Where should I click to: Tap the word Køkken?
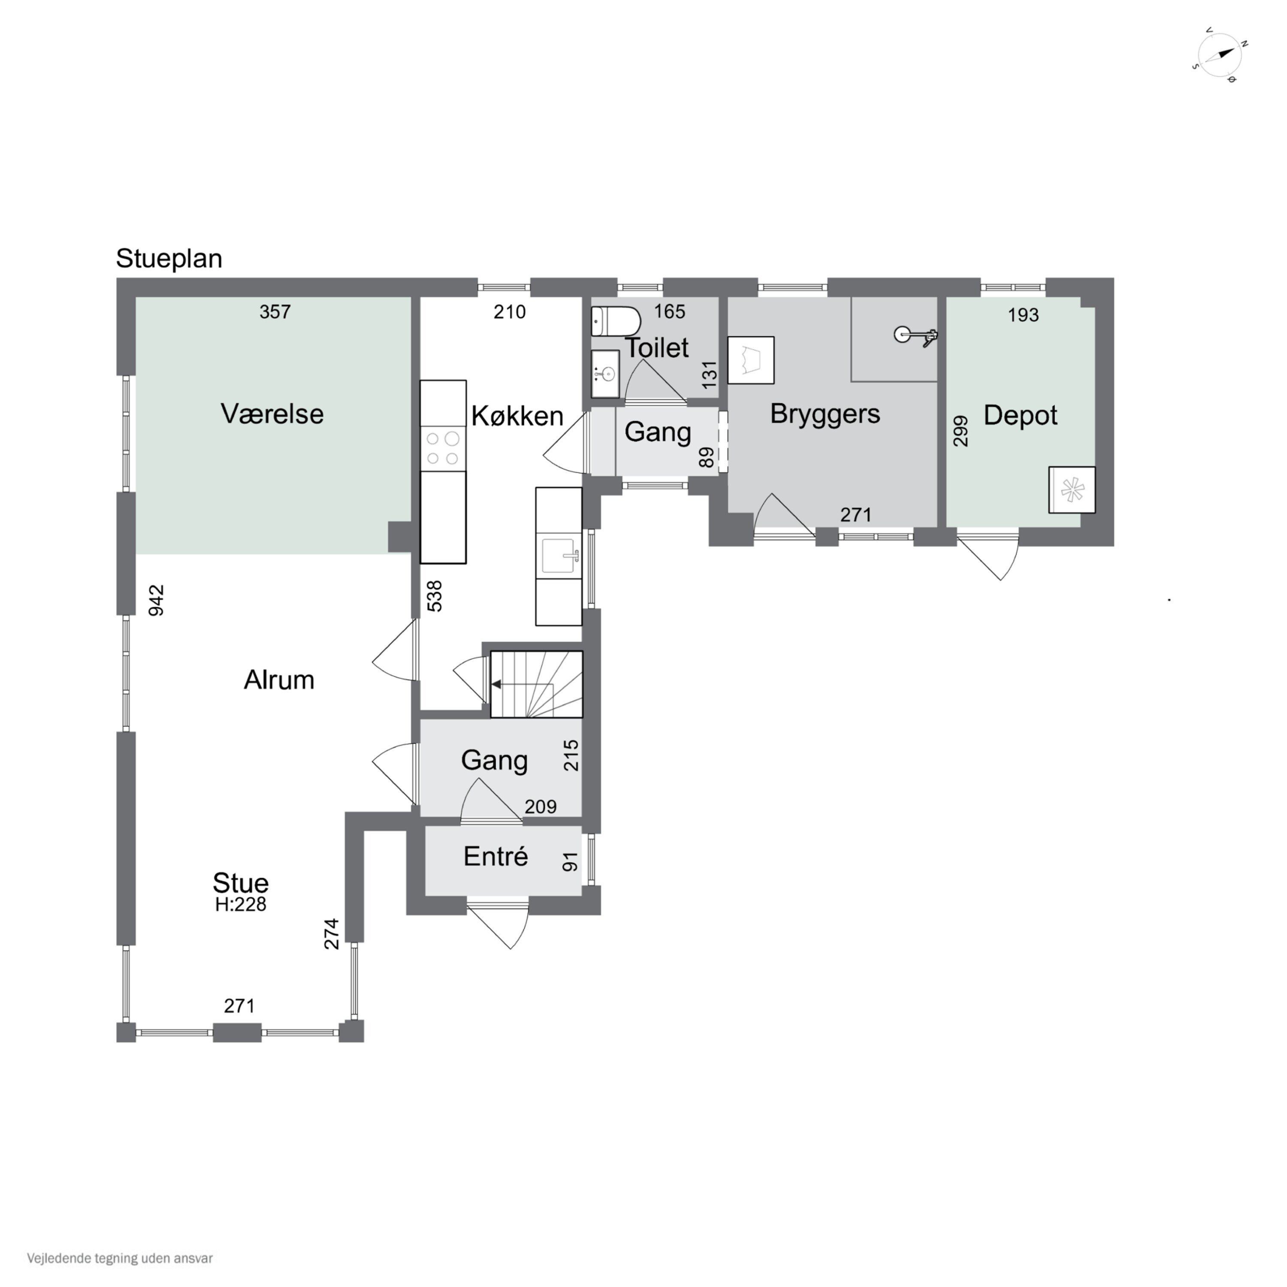[518, 416]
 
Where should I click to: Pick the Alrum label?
[279, 680]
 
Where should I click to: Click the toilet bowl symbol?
[616, 321]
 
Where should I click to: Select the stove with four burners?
[443, 448]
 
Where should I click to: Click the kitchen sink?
[559, 556]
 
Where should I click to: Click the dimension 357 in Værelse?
[275, 312]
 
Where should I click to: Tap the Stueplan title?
[169, 258]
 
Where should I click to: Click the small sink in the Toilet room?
[605, 374]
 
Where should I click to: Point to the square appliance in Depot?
[1072, 489]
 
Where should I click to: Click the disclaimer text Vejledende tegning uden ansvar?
[120, 1258]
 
